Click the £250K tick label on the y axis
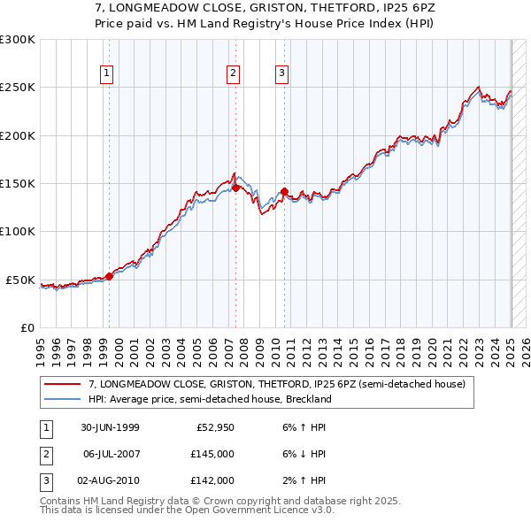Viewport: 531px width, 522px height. (18, 88)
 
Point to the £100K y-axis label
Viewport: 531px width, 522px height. (18, 232)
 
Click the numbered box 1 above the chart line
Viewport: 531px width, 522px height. (106, 73)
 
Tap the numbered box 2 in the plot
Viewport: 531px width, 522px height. (233, 73)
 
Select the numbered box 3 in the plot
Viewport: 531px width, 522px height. (281, 73)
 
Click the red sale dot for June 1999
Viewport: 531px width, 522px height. (110, 276)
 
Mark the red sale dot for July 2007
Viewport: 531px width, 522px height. (235, 188)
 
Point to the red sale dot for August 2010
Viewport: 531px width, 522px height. (284, 190)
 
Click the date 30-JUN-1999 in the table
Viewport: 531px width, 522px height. (110, 428)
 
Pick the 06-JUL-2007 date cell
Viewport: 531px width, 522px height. (110, 454)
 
